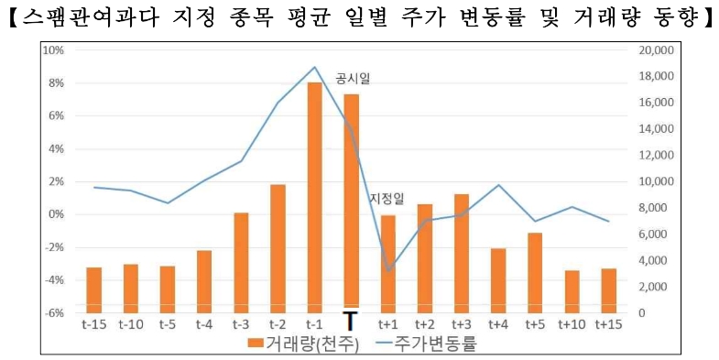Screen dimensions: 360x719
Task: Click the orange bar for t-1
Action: [314, 197]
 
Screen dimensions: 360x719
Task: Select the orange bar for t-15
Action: [93, 289]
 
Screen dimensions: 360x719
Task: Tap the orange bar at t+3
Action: [462, 253]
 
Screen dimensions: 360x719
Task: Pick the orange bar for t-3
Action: [241, 262]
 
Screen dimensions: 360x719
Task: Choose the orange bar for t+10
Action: [572, 291]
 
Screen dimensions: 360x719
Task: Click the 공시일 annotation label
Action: [353, 79]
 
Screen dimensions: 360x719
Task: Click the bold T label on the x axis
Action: [350, 322]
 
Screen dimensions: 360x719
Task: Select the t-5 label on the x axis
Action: [167, 323]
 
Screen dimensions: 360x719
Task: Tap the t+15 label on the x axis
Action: [609, 323]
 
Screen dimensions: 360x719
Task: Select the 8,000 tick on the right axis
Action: [656, 208]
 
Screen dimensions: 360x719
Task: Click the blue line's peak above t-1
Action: [314, 67]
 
